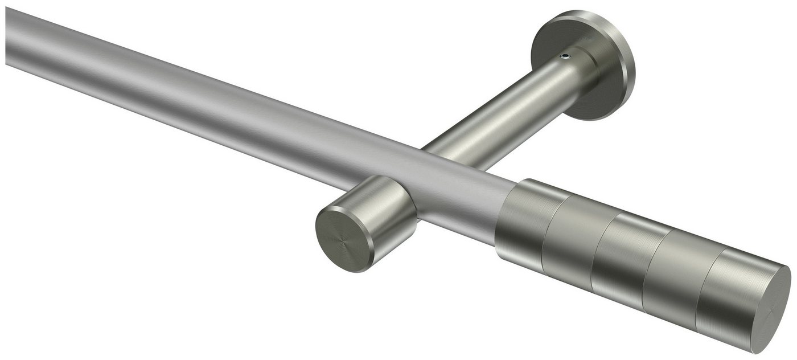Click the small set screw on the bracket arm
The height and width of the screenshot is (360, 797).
564,56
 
